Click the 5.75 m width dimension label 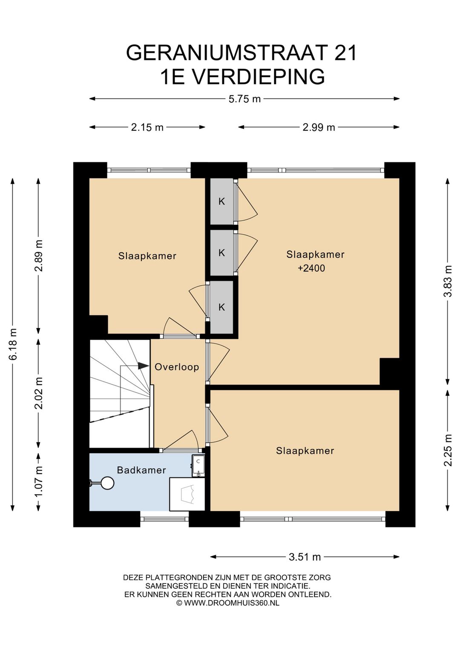click(244, 99)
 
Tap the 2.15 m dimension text click(147, 127)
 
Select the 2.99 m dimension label click(319, 127)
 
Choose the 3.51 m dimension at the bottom click(305, 557)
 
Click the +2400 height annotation click(311, 268)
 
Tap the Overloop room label click(177, 367)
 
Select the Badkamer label click(141, 470)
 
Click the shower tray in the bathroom click(187, 494)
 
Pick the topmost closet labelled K click(222, 201)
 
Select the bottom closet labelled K click(222, 307)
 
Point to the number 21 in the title click(345, 53)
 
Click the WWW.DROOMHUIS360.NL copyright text click(232, 603)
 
